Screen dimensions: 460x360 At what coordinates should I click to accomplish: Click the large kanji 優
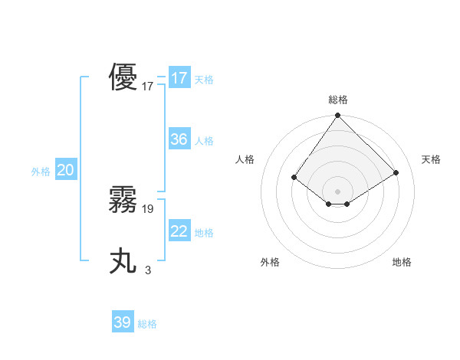123,78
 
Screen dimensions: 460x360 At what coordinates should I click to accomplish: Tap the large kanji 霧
123,200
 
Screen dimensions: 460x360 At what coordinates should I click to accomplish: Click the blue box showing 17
179,78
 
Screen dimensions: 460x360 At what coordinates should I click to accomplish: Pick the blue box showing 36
179,139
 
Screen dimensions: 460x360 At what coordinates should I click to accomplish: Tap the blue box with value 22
179,231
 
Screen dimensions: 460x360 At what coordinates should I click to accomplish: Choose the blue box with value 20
65,171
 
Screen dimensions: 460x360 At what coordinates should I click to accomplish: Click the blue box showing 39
122,322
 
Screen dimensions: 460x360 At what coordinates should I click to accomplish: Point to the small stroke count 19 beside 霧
148,208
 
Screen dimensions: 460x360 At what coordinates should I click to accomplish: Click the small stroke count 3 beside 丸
148,270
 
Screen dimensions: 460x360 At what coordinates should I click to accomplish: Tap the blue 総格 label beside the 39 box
147,324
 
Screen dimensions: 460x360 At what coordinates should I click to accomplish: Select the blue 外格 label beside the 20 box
41,172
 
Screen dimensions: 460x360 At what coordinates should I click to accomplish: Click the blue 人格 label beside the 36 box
204,141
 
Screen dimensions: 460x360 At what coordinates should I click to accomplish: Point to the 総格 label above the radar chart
338,100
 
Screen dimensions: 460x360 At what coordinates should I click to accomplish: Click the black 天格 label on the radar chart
431,159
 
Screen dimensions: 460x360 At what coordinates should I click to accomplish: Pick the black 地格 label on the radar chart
402,262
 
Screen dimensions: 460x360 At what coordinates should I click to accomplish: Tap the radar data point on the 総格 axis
338,116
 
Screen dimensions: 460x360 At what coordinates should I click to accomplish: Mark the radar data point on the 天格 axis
396,172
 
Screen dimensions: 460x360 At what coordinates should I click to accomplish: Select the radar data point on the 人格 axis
294,177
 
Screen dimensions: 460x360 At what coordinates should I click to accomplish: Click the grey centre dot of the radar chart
338,191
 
